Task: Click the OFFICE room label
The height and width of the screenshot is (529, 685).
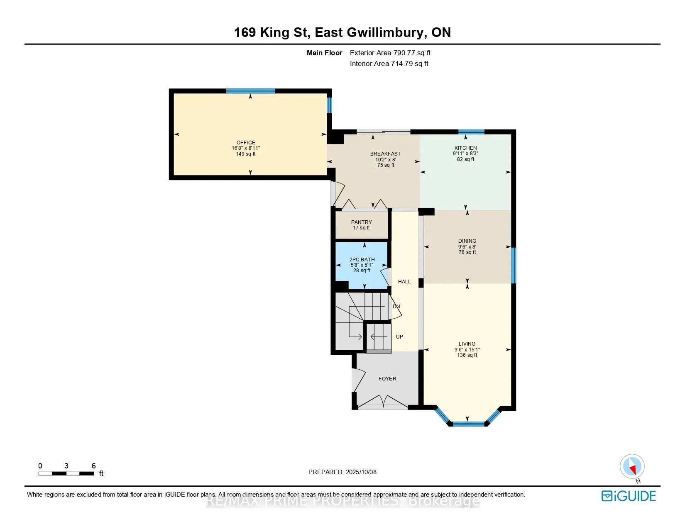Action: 246,142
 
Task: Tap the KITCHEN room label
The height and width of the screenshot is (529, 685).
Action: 465,148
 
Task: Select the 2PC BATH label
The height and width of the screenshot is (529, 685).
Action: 362,259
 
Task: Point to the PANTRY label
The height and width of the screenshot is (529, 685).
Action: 361,222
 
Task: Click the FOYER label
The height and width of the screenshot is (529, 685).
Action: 387,378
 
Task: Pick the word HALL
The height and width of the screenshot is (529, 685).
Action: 404,281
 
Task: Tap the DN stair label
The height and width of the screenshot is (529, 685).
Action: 396,306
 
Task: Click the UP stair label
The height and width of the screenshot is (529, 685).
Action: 399,336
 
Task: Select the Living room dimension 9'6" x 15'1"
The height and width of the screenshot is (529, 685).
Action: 467,349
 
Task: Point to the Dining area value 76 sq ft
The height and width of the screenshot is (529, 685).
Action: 467,252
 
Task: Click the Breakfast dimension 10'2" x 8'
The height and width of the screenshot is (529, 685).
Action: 386,159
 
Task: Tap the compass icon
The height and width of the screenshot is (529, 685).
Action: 632,467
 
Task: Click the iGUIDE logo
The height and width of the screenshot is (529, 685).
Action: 629,496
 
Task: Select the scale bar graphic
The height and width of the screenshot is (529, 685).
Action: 66,473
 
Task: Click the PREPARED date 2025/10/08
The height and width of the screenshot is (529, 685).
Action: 361,472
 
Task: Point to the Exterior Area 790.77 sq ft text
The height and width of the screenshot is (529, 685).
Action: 390,53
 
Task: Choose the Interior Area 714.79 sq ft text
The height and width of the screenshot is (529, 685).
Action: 389,63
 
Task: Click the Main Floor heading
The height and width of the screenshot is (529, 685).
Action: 324,53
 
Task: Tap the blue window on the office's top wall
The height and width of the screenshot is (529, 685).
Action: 251,91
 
